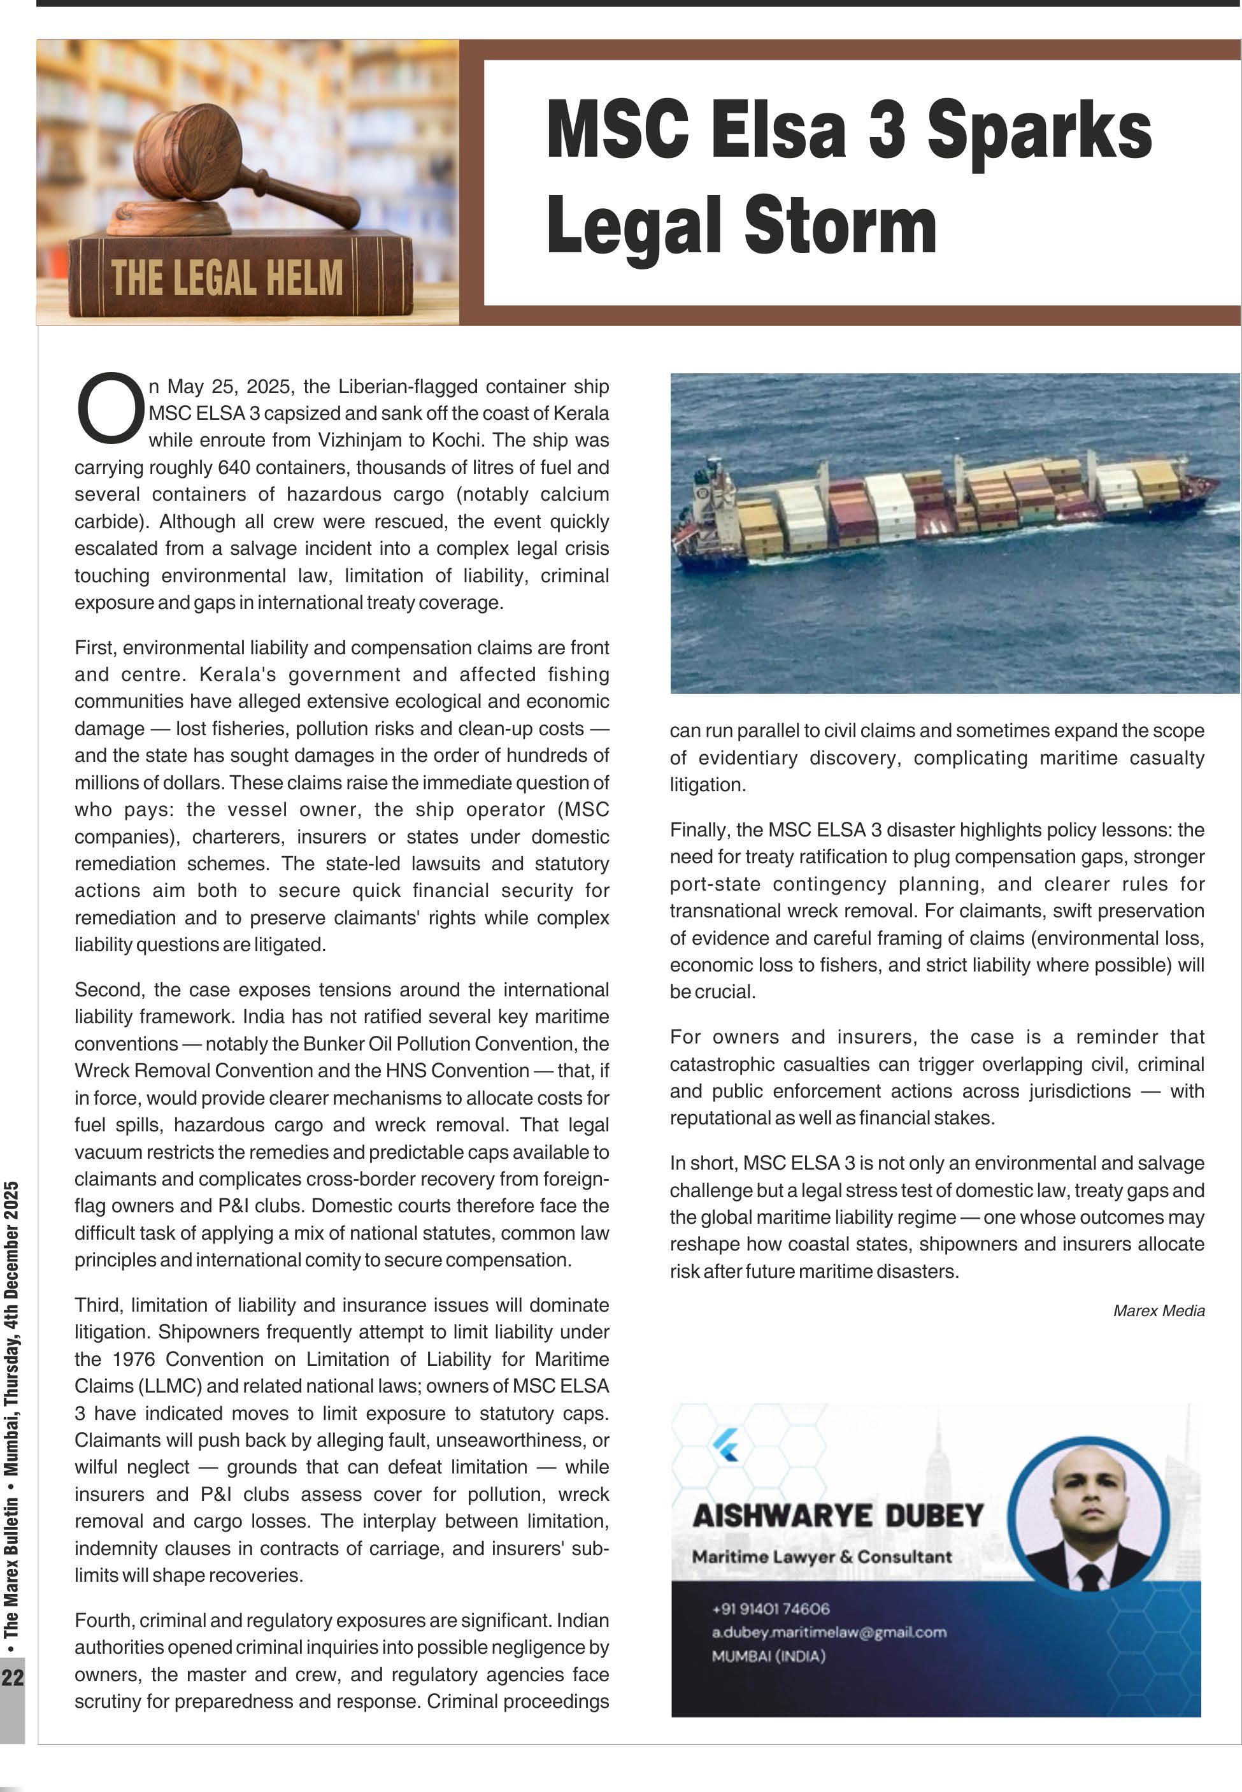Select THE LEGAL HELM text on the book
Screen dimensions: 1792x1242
coord(227,278)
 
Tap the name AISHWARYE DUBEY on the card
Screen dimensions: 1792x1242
coord(838,1516)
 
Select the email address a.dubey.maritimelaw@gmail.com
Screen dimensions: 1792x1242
coord(829,1631)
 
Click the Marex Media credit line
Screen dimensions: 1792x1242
coord(1158,1310)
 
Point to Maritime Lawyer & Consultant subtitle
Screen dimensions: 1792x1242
coord(821,1556)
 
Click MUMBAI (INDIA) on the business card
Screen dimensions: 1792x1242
coord(768,1656)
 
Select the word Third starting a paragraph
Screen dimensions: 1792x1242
coord(98,1305)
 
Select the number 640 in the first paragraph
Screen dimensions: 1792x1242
coord(234,468)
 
